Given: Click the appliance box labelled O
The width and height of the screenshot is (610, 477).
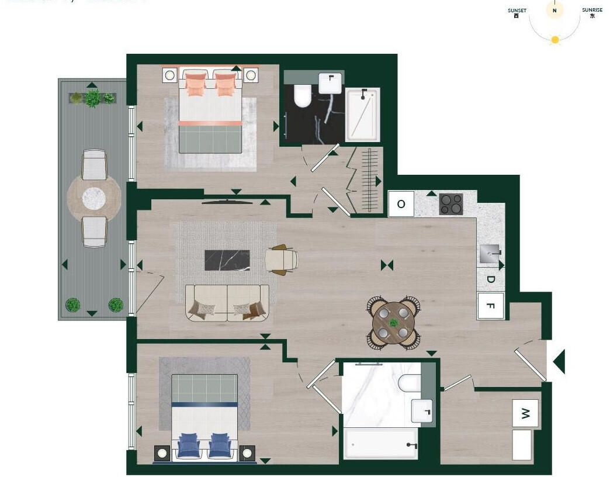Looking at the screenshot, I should [401, 204].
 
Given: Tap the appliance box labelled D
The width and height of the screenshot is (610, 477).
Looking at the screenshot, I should [490, 280].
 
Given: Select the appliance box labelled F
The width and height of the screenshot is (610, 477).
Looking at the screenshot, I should [490, 306].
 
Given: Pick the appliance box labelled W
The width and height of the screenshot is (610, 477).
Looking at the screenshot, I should [525, 414].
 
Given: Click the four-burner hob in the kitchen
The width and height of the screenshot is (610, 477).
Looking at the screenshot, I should [450, 204].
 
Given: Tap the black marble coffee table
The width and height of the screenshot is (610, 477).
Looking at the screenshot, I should [227, 260].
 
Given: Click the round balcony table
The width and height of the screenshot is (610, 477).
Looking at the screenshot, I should [94, 198].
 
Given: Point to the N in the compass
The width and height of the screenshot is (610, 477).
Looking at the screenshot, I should [554, 10].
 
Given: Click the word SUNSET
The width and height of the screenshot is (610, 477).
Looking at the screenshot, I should [517, 11].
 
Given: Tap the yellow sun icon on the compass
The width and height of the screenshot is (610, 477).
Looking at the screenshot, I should [554, 40].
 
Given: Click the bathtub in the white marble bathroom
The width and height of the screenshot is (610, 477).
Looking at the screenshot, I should [380, 444].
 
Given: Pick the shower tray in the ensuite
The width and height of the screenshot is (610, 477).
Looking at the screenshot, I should [363, 115].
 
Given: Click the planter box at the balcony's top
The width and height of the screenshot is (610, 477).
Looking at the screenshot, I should [92, 98].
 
